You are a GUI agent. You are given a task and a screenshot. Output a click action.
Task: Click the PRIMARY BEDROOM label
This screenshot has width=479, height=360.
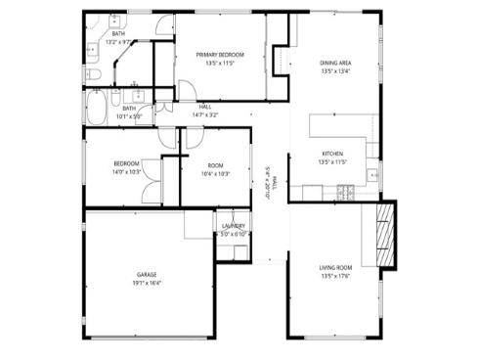click(x=218, y=54)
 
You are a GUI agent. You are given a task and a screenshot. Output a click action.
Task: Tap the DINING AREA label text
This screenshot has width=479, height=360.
click(x=335, y=63)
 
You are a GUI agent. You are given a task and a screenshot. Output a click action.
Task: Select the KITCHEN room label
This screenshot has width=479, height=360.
click(x=333, y=154)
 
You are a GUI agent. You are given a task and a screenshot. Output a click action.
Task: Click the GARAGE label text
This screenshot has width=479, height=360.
click(x=147, y=275)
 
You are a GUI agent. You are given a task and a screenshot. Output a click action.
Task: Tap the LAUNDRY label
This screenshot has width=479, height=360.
click(x=233, y=226)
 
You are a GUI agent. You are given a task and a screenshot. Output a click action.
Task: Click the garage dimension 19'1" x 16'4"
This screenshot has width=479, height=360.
click(x=147, y=284)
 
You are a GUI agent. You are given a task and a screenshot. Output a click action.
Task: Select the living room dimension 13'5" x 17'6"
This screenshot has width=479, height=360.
click(x=333, y=276)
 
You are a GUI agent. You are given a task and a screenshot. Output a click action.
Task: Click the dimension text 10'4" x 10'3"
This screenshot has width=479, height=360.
click(x=215, y=174)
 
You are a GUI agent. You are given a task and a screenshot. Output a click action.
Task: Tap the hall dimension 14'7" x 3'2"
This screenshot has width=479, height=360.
click(x=205, y=114)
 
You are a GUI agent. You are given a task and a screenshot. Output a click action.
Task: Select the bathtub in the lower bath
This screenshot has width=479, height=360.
click(x=99, y=108)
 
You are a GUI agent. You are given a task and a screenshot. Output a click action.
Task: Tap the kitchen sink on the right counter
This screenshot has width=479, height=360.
click(x=372, y=175)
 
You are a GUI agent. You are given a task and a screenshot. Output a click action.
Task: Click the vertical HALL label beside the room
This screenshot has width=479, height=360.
click(x=275, y=183)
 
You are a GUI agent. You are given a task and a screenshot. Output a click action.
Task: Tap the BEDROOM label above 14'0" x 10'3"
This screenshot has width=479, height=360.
click(x=127, y=163)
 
